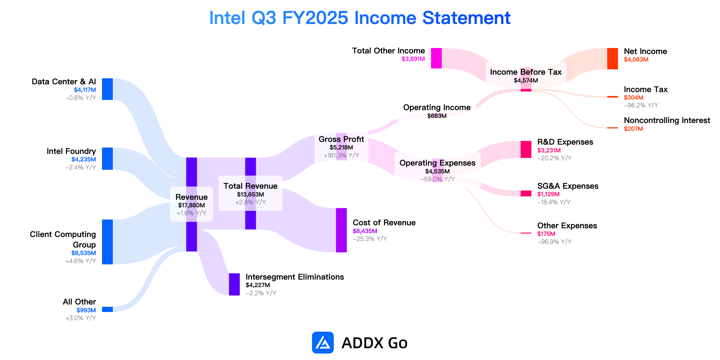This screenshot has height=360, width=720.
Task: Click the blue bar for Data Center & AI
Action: [x=107, y=89]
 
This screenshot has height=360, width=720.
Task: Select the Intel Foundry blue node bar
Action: [x=107, y=159]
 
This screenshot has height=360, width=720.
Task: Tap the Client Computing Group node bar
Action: [x=107, y=242]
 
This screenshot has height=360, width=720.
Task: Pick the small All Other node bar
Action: [x=107, y=309]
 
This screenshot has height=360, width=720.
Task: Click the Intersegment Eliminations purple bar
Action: [x=234, y=284]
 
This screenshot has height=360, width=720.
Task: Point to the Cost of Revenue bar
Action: [x=341, y=230]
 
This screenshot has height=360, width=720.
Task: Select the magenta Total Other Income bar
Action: [x=436, y=58]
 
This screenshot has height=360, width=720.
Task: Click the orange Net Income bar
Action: [x=613, y=58]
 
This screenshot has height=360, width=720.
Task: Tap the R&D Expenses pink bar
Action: [x=526, y=149]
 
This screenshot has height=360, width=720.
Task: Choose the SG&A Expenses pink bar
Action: [x=526, y=193]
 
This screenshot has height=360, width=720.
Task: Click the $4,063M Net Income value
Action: [x=636, y=59]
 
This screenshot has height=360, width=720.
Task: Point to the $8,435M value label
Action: [x=365, y=231]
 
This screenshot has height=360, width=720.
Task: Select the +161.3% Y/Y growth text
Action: [x=341, y=155]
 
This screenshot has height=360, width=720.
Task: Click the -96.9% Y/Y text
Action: [x=554, y=242]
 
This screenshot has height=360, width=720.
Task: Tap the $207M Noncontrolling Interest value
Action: [x=633, y=129]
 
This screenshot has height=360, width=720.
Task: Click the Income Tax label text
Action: [x=646, y=89]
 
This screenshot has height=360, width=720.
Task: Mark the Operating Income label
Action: [x=437, y=107]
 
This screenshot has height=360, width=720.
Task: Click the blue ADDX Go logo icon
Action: [x=323, y=343]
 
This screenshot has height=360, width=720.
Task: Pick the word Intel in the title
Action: [x=227, y=18]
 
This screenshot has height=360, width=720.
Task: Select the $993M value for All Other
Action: [x=86, y=310]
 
